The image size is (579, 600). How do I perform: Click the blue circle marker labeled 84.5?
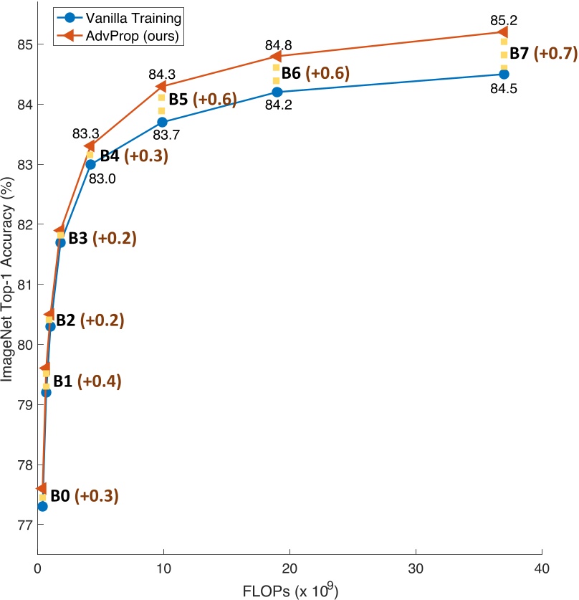pyautogui.click(x=504, y=74)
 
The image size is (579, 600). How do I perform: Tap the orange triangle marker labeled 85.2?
pyautogui.click(x=503, y=32)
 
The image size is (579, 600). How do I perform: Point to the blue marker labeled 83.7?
pyautogui.click(x=162, y=122)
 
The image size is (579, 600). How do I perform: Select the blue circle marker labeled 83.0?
pyautogui.click(x=90, y=164)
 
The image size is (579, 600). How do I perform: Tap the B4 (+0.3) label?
pyautogui.click(x=133, y=156)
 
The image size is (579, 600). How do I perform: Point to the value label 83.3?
pyautogui.click(x=85, y=133)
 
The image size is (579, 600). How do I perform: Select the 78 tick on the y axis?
pyautogui.click(x=21, y=465)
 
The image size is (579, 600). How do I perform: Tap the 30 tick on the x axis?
pyautogui.click(x=416, y=567)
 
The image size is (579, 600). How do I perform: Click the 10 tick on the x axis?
pyautogui.click(x=163, y=567)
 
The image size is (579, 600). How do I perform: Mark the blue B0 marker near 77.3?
pyautogui.click(x=42, y=506)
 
